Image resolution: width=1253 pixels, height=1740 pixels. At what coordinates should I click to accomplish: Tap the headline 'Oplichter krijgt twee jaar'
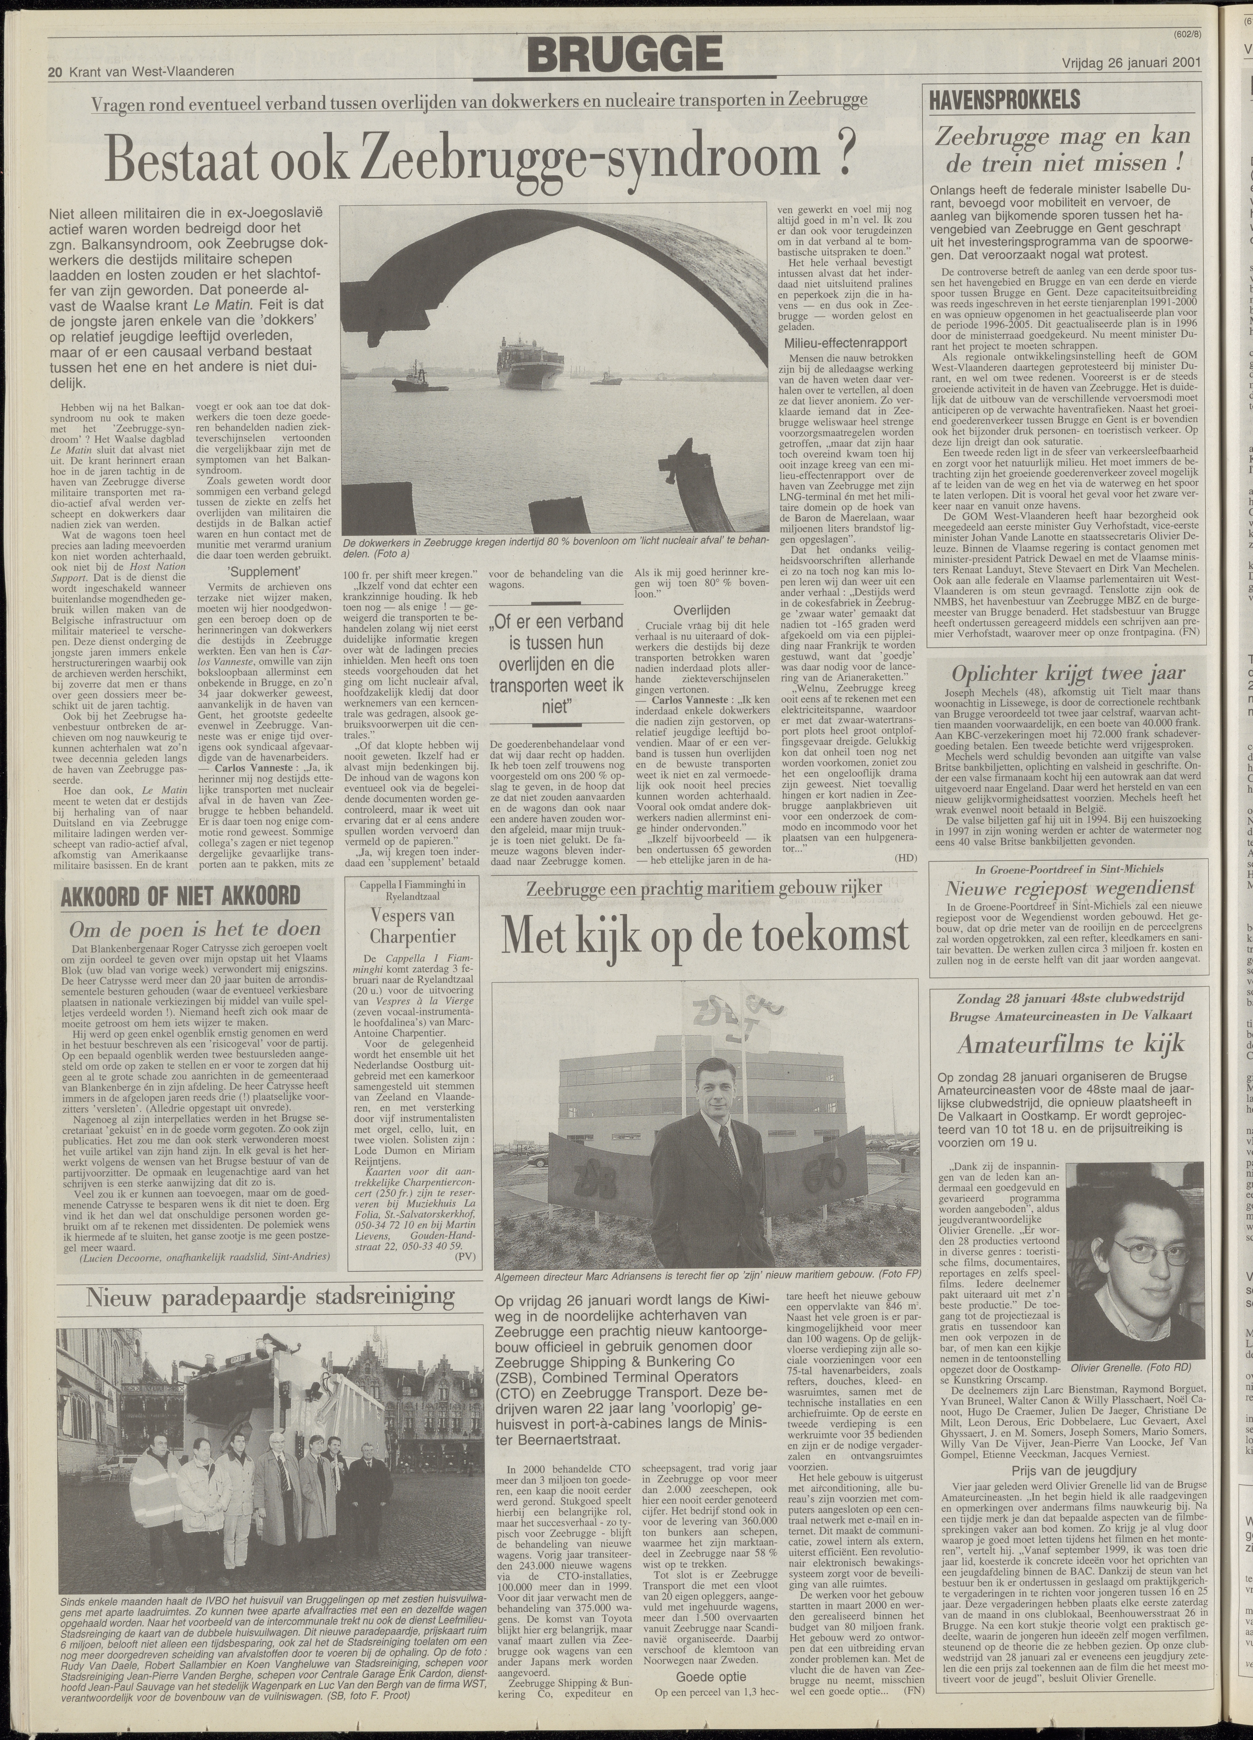pos(1068,674)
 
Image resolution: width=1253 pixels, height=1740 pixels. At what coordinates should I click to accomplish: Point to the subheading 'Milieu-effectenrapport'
pos(846,343)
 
